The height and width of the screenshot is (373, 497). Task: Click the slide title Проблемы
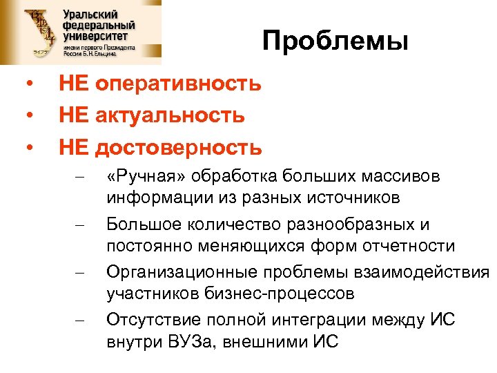335,43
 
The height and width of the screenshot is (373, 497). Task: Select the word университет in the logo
98,36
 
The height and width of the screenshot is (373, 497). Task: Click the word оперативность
178,84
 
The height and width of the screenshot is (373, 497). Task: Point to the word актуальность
170,115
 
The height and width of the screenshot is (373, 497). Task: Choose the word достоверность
179,147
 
